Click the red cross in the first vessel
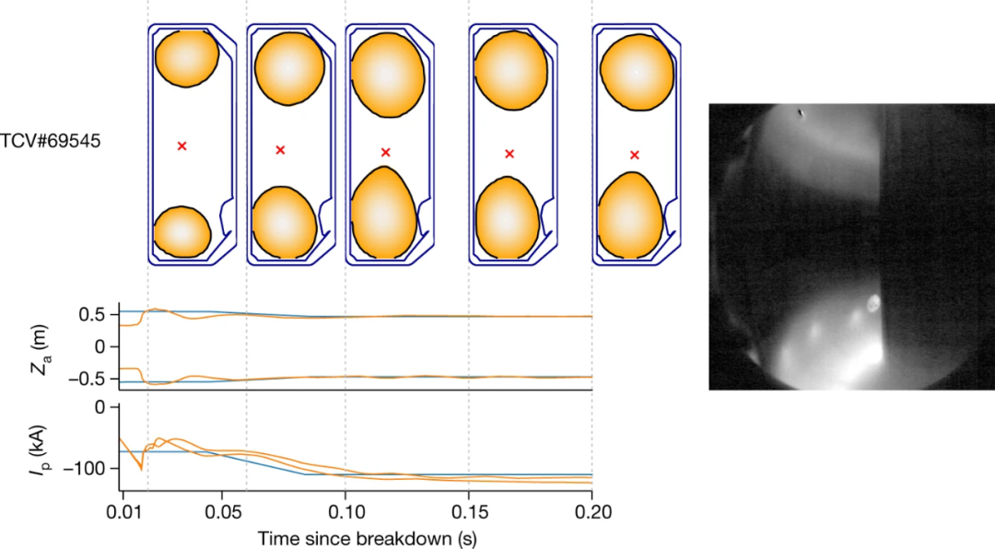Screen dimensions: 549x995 (x=182, y=146)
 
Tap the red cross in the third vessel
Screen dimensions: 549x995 (x=386, y=152)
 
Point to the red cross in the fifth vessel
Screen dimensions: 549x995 (x=634, y=155)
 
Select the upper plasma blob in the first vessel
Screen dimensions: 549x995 (x=186, y=58)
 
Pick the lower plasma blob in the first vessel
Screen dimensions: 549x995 (x=182, y=230)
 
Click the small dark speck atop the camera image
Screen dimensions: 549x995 (x=801, y=113)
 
